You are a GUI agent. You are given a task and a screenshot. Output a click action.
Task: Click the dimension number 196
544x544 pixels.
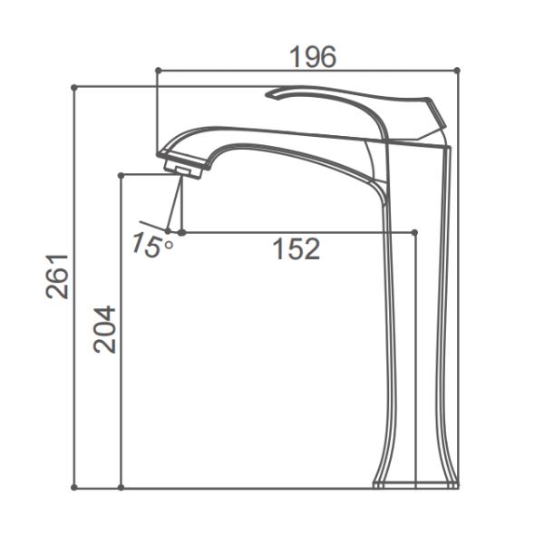pos(312,57)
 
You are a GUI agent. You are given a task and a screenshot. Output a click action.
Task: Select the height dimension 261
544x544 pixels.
pos(56,277)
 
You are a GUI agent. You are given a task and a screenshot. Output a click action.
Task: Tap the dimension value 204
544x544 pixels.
pos(104,328)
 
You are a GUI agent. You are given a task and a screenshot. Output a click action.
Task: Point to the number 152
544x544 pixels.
pos(296,249)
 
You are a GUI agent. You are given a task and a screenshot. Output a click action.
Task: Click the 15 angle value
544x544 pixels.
pos(145,244)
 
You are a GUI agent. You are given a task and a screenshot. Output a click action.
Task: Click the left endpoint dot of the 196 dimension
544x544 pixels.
pos(157,70)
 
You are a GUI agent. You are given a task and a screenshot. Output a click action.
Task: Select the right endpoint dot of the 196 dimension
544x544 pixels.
pos(457,70)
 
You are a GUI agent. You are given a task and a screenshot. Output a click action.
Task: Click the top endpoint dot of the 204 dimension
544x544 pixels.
pos(121,175)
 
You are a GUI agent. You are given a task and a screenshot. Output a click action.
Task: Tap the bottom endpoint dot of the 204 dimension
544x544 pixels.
pos(121,488)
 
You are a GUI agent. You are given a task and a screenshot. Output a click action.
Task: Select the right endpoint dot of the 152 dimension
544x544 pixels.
pos(414,233)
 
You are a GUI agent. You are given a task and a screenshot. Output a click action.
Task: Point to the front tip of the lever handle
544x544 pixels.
pos(270,94)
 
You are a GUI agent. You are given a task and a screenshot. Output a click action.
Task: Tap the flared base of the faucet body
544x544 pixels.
pos(415,479)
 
